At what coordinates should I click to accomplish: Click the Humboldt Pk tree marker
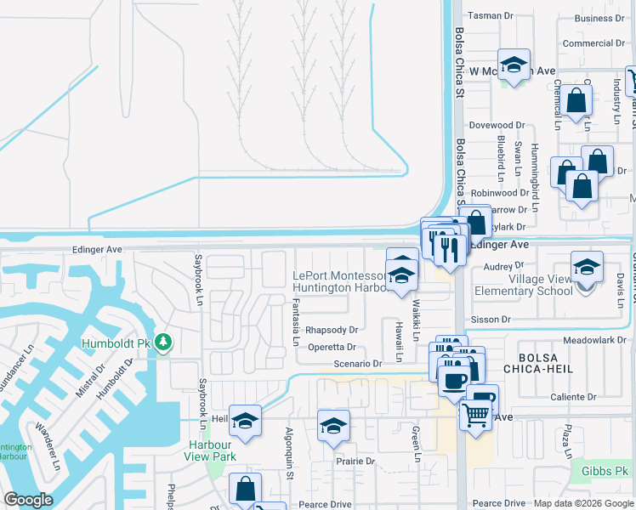click(x=163, y=343)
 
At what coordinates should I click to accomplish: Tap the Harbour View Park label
click(x=209, y=450)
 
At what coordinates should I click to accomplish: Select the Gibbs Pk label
click(x=605, y=471)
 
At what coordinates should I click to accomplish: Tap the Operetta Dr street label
click(x=331, y=347)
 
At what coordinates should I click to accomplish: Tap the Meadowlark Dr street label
click(x=593, y=340)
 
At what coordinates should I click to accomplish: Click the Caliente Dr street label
click(x=574, y=397)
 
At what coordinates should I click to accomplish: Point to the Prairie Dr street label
click(x=355, y=461)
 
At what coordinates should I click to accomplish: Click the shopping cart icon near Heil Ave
click(x=475, y=415)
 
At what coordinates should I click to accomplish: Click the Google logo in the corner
click(x=29, y=500)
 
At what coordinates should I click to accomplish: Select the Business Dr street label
click(x=599, y=18)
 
